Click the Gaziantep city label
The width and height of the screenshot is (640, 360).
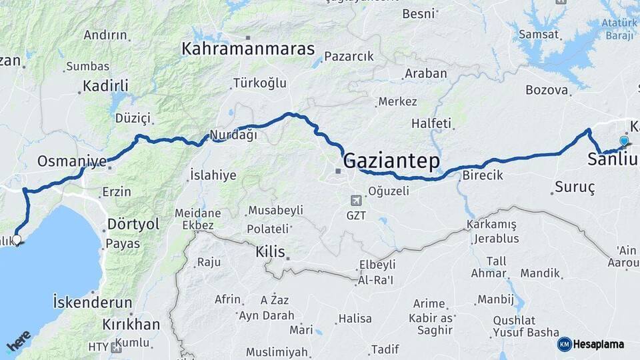click(x=391, y=161)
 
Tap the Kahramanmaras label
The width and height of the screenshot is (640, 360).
click(x=248, y=49)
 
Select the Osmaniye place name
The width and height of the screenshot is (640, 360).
click(x=72, y=161)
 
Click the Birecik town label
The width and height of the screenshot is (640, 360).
click(x=482, y=175)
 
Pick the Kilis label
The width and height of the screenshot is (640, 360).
click(x=271, y=253)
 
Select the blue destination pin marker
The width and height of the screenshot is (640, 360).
click(x=623, y=141)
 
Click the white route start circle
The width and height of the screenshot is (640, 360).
click(x=17, y=239)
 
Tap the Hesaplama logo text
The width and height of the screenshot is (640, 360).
click(x=599, y=344)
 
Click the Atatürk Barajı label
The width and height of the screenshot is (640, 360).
click(x=611, y=29)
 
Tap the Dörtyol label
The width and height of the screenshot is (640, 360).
click(x=133, y=224)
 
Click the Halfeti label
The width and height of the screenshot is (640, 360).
click(x=431, y=123)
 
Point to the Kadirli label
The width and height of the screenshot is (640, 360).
click(x=105, y=85)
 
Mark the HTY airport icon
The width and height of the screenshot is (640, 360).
click(x=117, y=347)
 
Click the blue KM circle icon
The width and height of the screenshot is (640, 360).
click(x=565, y=344)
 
